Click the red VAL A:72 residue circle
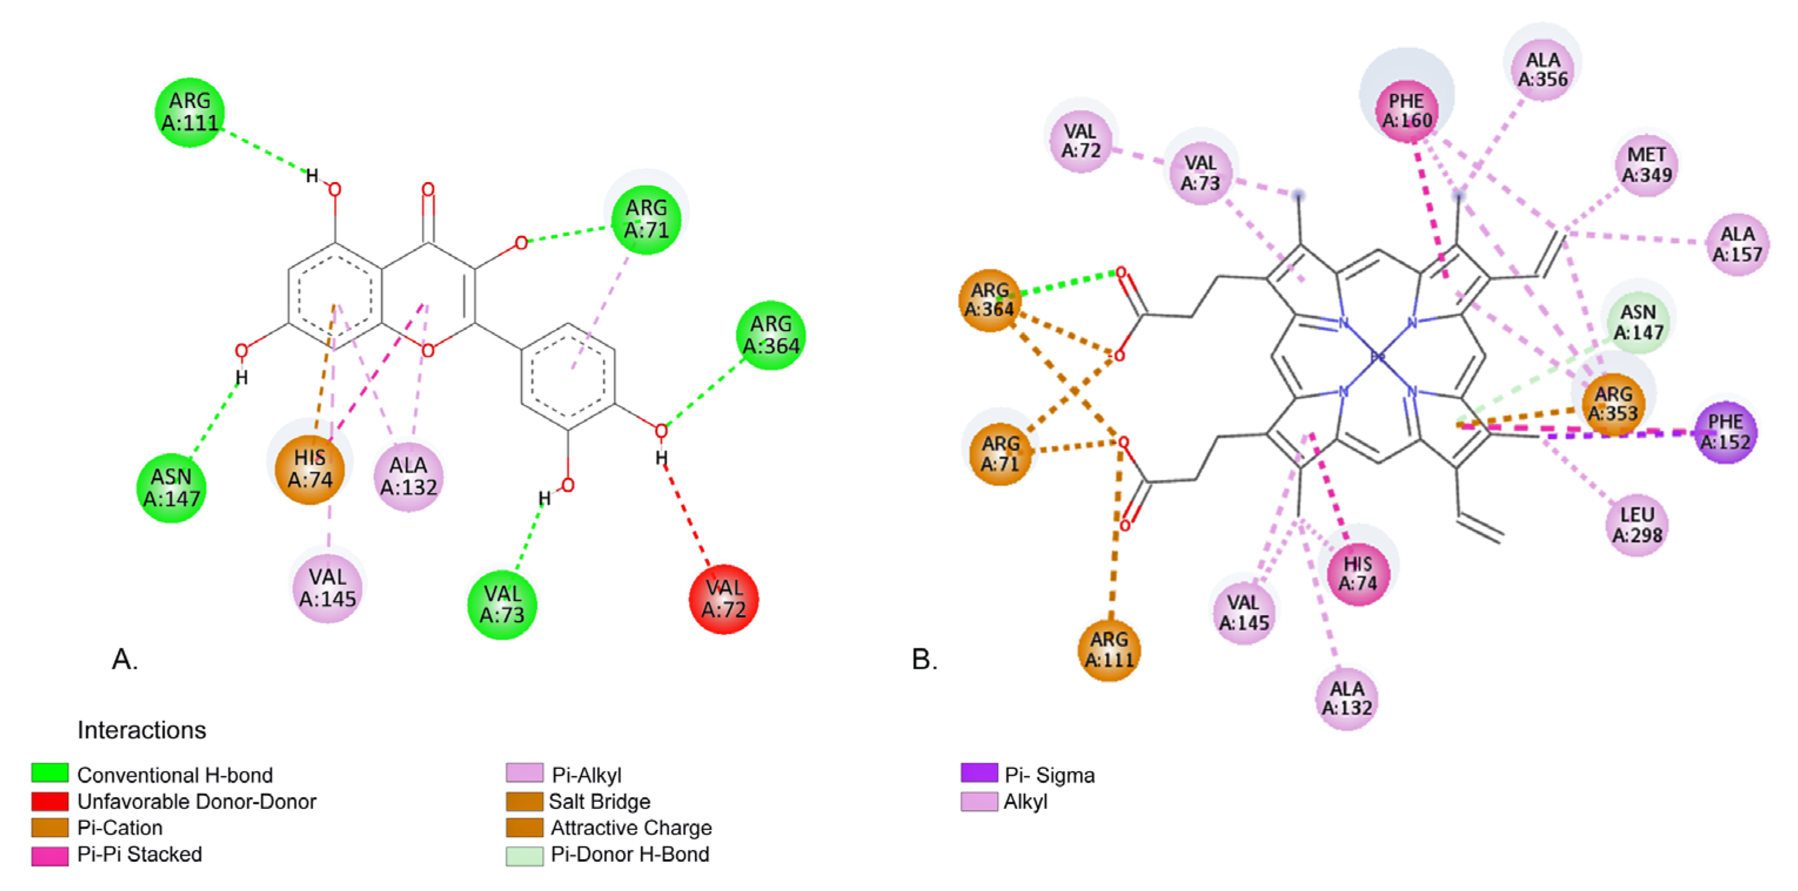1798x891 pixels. coord(723,599)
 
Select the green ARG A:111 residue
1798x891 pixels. coord(190,112)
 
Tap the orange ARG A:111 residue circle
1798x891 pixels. coord(1109,649)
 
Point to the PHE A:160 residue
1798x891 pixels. coord(1407,111)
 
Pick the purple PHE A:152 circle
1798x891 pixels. coord(1725,432)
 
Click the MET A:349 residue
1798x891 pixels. coord(1646,164)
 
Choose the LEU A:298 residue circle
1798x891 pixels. coord(1637,524)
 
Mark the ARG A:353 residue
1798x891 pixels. coord(1613,404)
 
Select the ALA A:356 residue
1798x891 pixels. coord(1542,70)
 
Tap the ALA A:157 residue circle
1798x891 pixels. coord(1737,244)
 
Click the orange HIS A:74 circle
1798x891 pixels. coord(310,469)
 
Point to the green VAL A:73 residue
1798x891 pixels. coord(502,604)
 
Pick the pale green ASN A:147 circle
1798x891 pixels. coord(1638,322)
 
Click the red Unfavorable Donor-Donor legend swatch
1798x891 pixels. coord(51,801)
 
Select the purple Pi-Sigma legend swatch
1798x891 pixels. coord(979,773)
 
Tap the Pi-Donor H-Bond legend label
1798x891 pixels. coord(630,854)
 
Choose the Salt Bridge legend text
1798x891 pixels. coord(600,801)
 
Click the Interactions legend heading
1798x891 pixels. coord(142,730)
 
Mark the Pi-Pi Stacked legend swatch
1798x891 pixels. coord(51,855)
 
